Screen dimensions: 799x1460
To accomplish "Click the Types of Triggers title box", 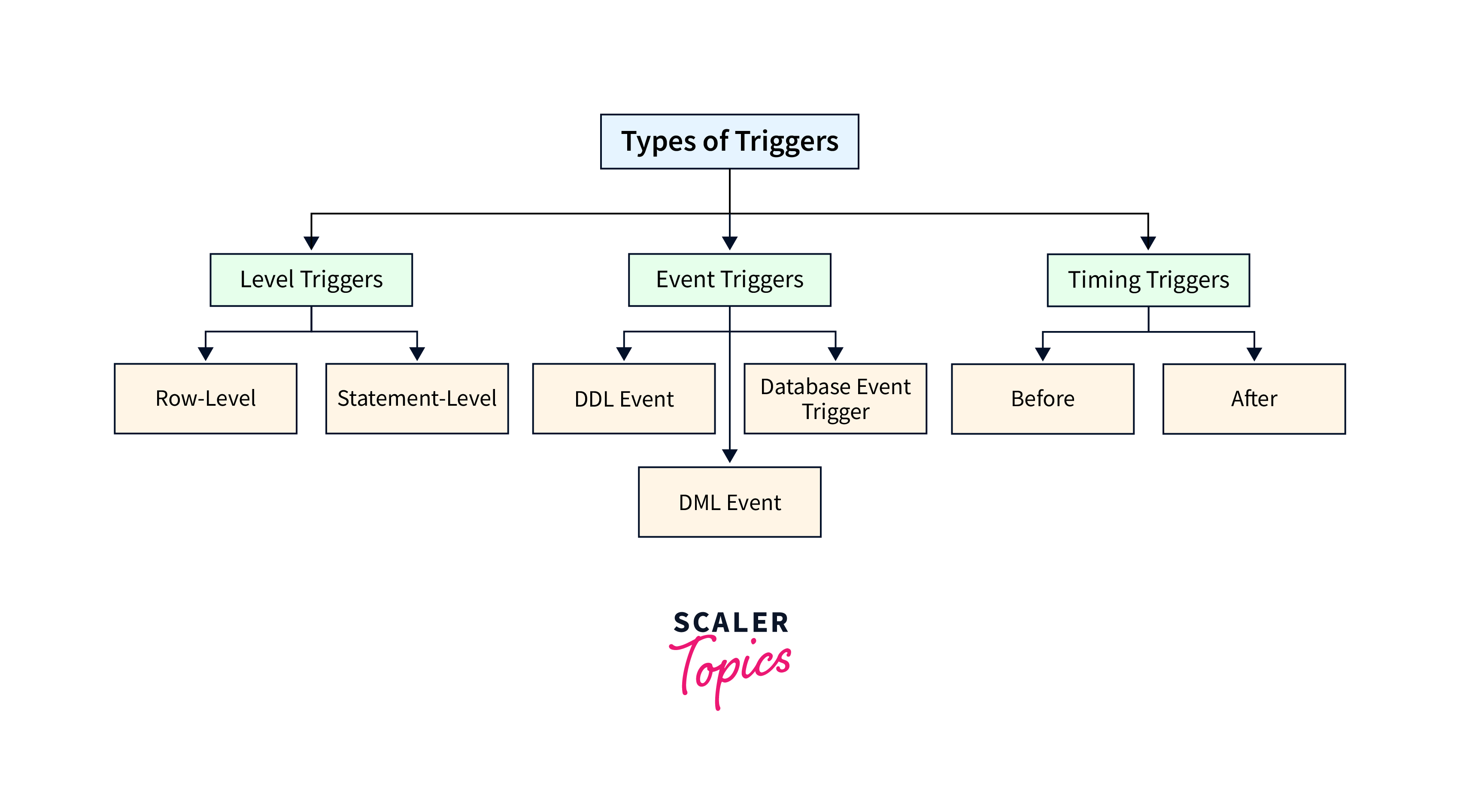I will pyautogui.click(x=729, y=142).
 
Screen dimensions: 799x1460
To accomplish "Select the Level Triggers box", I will pyautogui.click(x=311, y=280).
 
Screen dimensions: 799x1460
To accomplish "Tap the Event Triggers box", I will pyautogui.click(x=729, y=280).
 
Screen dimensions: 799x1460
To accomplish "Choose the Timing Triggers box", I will pyautogui.click(x=1148, y=280).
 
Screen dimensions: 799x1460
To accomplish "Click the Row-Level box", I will pyautogui.click(x=205, y=399).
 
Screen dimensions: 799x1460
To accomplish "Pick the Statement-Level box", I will pyautogui.click(x=416, y=399).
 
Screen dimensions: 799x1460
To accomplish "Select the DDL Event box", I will pyautogui.click(x=623, y=399).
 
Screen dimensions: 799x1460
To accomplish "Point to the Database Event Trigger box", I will pyautogui.click(x=835, y=399).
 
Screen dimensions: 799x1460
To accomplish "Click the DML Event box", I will pyautogui.click(x=729, y=502).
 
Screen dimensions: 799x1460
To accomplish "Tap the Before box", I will pyautogui.click(x=1042, y=399).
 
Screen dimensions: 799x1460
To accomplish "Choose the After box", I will pyautogui.click(x=1254, y=399).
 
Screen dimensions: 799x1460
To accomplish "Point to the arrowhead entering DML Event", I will pyautogui.click(x=730, y=456).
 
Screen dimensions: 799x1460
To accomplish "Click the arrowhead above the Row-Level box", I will pyautogui.click(x=205, y=354).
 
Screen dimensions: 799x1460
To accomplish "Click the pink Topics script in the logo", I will pyautogui.click(x=731, y=668).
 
